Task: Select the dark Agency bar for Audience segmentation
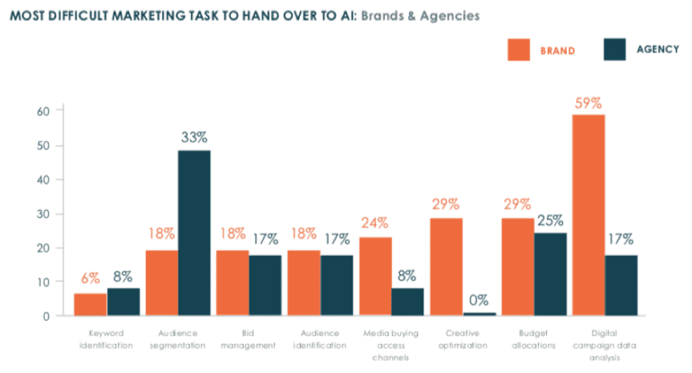coord(194,232)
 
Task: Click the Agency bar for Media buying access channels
coord(408,302)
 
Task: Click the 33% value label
coord(194,137)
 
